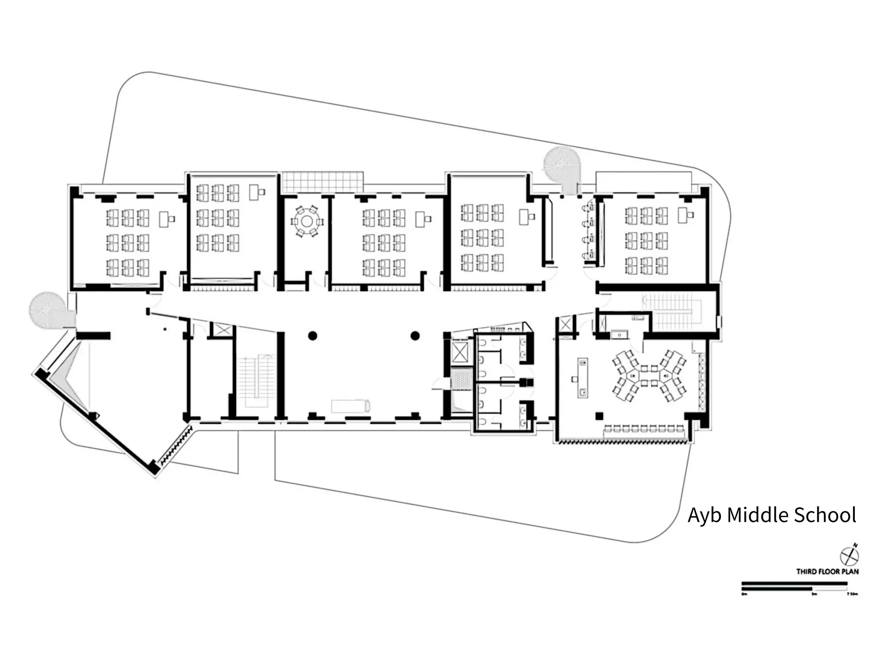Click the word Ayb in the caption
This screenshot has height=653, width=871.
point(705,516)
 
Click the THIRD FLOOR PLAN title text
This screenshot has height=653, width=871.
point(827,571)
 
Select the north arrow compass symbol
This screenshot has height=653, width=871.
point(849,556)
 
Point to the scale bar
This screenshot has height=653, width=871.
point(794,586)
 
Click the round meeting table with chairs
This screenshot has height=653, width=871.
point(307,221)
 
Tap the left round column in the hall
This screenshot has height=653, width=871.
point(313,336)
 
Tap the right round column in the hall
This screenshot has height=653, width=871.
point(415,336)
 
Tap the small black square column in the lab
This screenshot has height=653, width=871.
point(599,416)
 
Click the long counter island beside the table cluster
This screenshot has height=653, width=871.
point(582,378)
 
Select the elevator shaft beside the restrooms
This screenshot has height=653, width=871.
point(460,352)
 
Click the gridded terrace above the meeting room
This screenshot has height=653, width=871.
point(323,182)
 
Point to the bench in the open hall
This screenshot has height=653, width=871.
point(351,406)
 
